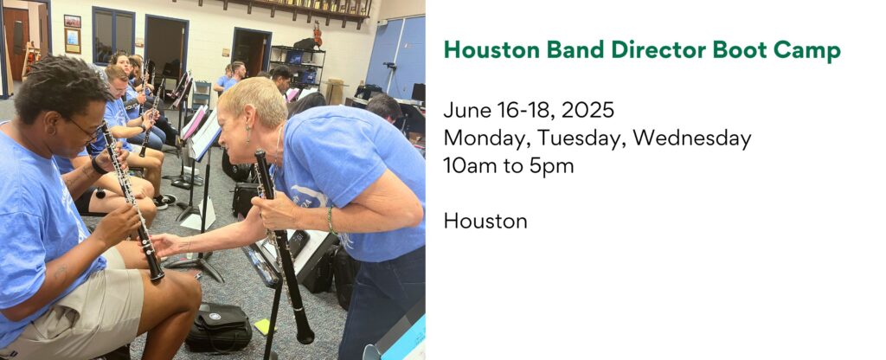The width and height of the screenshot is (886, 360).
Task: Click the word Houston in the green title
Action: pyautogui.click(x=491, y=50)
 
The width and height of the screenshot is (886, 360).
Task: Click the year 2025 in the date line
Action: pyautogui.click(x=587, y=110)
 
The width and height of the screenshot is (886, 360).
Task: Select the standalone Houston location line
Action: pyautogui.click(x=485, y=221)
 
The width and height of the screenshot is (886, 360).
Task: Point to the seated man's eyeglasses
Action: pyautogui.click(x=87, y=132)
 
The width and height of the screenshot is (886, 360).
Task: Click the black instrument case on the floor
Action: pyautogui.click(x=219, y=326)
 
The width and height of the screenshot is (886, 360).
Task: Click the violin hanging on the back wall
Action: pyautogui.click(x=318, y=35)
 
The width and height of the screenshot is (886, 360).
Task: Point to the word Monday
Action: pyautogui.click(x=487, y=138)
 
